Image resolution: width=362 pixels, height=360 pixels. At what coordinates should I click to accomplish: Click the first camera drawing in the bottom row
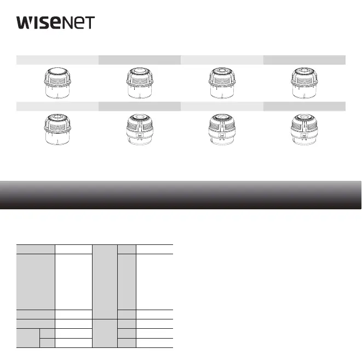[58, 129]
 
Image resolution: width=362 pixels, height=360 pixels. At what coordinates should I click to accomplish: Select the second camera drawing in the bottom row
[140, 129]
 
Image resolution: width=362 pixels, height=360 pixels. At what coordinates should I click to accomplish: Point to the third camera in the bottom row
[222, 129]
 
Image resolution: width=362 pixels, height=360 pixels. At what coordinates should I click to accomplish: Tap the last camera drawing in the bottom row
[304, 129]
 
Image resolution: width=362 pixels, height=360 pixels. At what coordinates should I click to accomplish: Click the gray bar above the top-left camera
[58, 60]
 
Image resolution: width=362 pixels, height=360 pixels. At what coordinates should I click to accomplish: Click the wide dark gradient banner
[181, 195]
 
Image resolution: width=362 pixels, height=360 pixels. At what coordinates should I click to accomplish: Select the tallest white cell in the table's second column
[73, 281]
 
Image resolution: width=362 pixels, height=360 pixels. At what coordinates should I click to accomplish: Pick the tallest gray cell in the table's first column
[36, 281]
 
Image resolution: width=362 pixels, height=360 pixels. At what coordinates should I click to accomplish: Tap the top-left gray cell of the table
[36, 249]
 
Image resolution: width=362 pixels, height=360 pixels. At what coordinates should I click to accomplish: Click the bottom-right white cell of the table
[154, 343]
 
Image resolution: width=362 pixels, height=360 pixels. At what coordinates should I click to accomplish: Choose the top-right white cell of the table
[154, 249]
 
